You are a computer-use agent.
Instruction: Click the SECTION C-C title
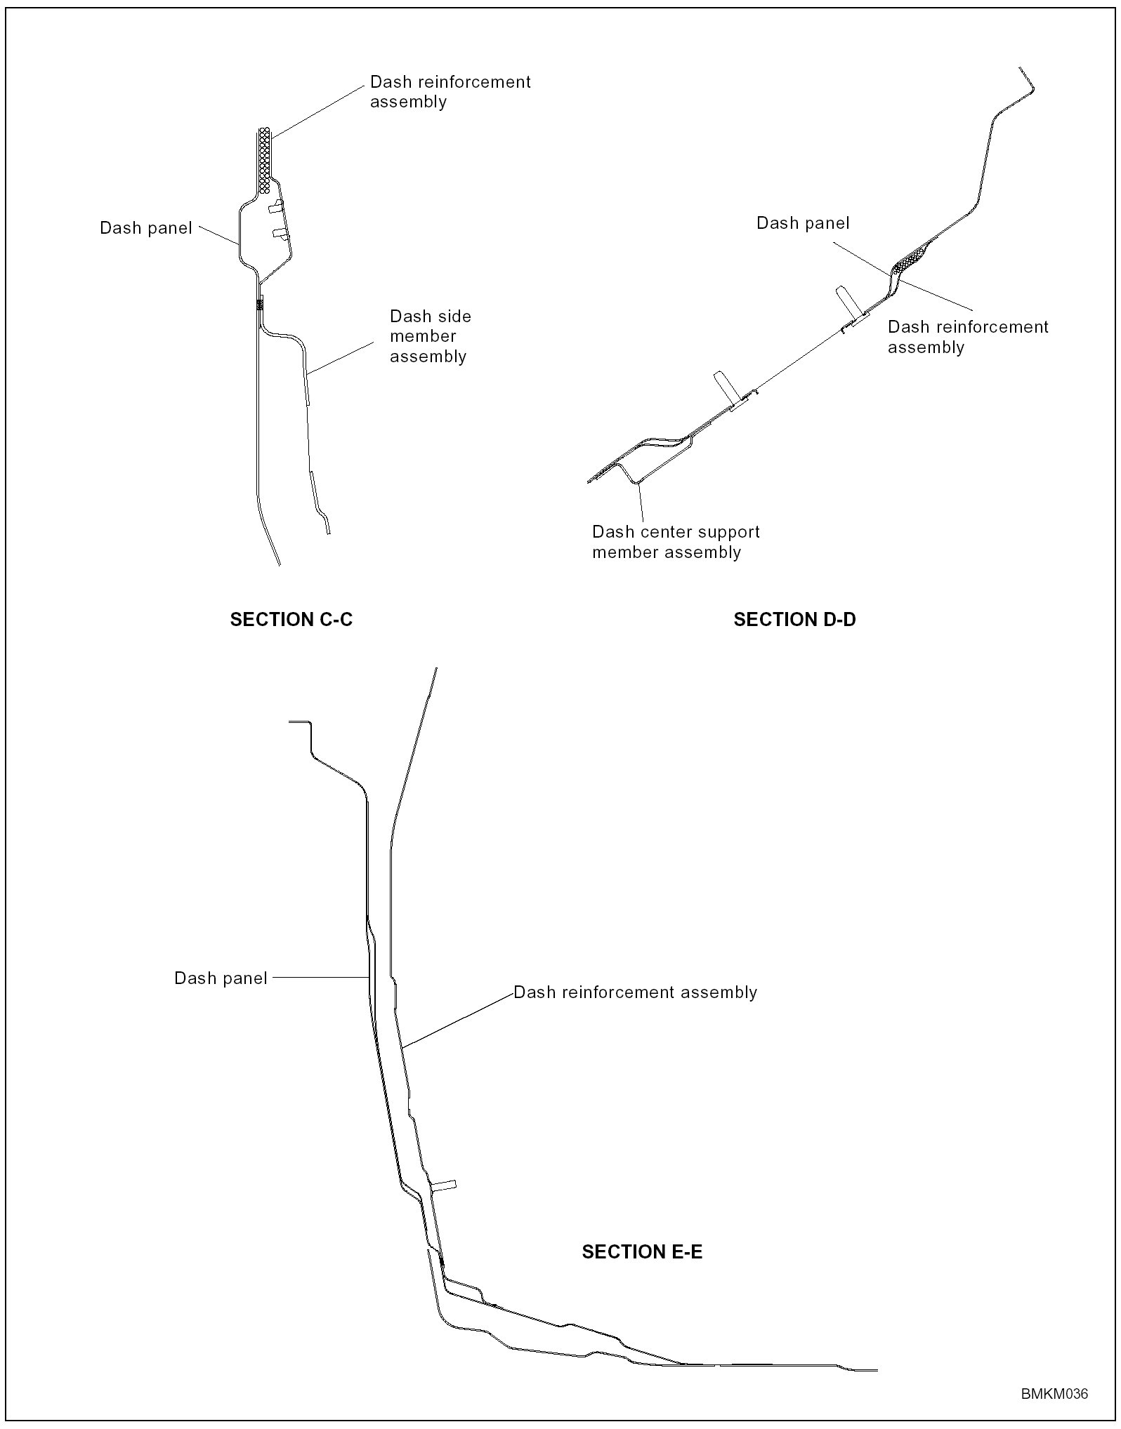coord(291,620)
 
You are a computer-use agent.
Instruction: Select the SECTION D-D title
coord(794,620)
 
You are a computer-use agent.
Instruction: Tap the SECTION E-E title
coord(642,1252)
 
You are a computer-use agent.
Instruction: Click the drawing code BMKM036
coord(1054,1394)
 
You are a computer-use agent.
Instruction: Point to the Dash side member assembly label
coord(430,336)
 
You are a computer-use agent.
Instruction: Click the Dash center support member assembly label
coord(676,542)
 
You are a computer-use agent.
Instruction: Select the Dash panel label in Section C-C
coord(146,228)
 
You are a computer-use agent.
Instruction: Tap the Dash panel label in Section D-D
coord(803,223)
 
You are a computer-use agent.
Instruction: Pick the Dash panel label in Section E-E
coord(221,978)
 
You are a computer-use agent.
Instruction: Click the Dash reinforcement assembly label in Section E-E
coord(635,992)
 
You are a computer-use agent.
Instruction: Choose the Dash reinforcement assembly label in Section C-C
coord(450,92)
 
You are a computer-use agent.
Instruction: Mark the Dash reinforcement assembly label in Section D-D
coord(968,337)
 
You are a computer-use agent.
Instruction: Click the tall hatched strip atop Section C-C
coord(264,160)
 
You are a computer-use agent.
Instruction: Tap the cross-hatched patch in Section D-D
coord(911,259)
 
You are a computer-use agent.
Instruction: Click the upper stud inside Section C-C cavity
coord(275,206)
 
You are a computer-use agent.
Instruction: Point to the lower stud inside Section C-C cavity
coord(280,233)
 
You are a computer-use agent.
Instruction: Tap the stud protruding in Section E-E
coord(444,1185)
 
